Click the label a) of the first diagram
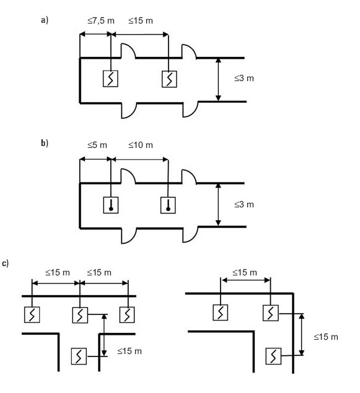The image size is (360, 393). [x=45, y=20]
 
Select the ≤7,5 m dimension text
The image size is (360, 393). [x=101, y=20]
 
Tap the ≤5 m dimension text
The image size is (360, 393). [x=97, y=145]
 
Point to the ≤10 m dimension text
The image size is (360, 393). [x=141, y=145]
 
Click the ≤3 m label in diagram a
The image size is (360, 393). [x=244, y=78]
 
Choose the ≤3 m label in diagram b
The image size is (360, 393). [x=244, y=204]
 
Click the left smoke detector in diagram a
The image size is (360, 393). [x=110, y=79]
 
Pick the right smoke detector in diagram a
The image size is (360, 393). [x=169, y=79]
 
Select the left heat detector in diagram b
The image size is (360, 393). [x=111, y=205]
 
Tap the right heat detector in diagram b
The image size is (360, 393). [x=168, y=205]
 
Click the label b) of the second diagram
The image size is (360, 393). [x=45, y=143]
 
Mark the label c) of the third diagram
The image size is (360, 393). [x=6, y=264]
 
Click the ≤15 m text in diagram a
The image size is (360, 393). [x=141, y=20]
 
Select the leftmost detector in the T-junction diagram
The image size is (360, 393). [x=32, y=314]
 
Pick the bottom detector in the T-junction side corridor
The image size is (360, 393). [x=79, y=356]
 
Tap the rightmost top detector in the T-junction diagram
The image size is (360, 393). [x=127, y=314]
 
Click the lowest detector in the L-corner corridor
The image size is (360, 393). [x=273, y=356]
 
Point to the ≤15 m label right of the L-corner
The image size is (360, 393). [x=326, y=337]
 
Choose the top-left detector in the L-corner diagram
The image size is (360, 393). [x=221, y=313]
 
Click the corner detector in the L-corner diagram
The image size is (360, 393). [x=271, y=313]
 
